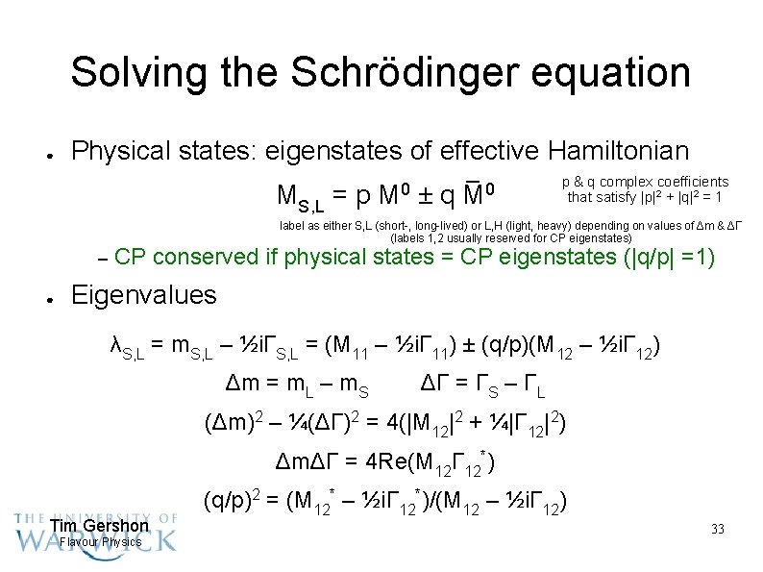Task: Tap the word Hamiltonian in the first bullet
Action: click(x=619, y=151)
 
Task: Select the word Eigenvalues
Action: click(x=144, y=294)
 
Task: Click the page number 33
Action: click(x=717, y=530)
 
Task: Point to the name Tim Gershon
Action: click(x=99, y=526)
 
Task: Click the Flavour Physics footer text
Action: click(x=100, y=542)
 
